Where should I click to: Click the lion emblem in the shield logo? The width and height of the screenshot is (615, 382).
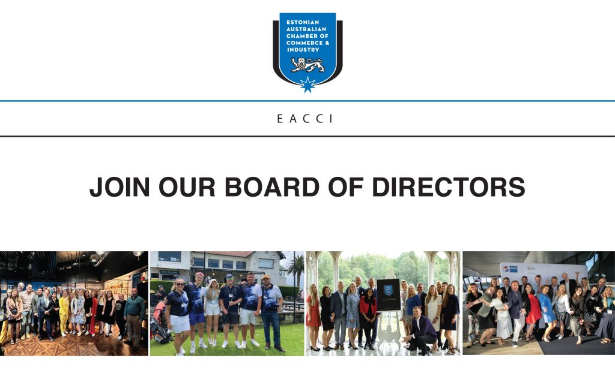(307, 65)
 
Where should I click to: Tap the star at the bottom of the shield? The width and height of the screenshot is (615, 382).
(307, 85)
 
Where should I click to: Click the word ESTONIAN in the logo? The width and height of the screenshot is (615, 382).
(303, 22)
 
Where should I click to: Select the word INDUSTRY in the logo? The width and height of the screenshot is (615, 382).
(303, 50)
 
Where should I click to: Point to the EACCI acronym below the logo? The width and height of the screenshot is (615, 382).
(305, 119)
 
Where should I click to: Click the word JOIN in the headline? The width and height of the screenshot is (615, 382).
(120, 187)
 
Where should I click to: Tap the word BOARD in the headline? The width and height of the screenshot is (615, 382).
(272, 187)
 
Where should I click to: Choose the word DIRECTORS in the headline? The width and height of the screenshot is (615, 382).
(448, 187)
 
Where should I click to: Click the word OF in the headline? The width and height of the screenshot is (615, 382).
(345, 187)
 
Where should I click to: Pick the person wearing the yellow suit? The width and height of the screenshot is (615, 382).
(64, 314)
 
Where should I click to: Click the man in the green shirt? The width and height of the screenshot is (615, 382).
(134, 317)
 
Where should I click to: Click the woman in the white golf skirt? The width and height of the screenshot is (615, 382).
(178, 315)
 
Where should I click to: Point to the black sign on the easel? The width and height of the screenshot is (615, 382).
(389, 294)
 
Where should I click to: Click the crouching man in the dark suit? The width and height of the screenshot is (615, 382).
(420, 332)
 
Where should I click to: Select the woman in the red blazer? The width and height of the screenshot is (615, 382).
(368, 317)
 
